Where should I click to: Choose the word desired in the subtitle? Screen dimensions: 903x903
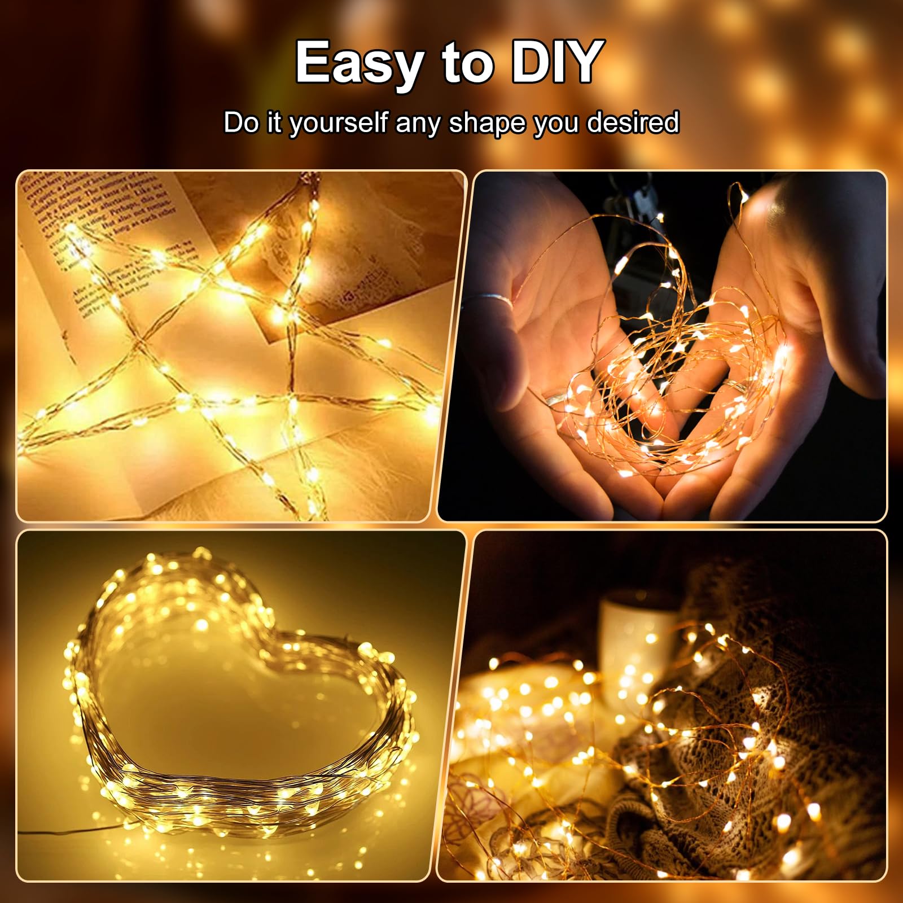(633, 123)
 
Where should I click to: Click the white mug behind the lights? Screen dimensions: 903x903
(632, 626)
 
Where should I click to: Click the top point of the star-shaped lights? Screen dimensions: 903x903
(310, 186)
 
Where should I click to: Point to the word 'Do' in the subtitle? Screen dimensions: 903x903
(241, 123)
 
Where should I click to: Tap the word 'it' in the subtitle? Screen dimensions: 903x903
(274, 123)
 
